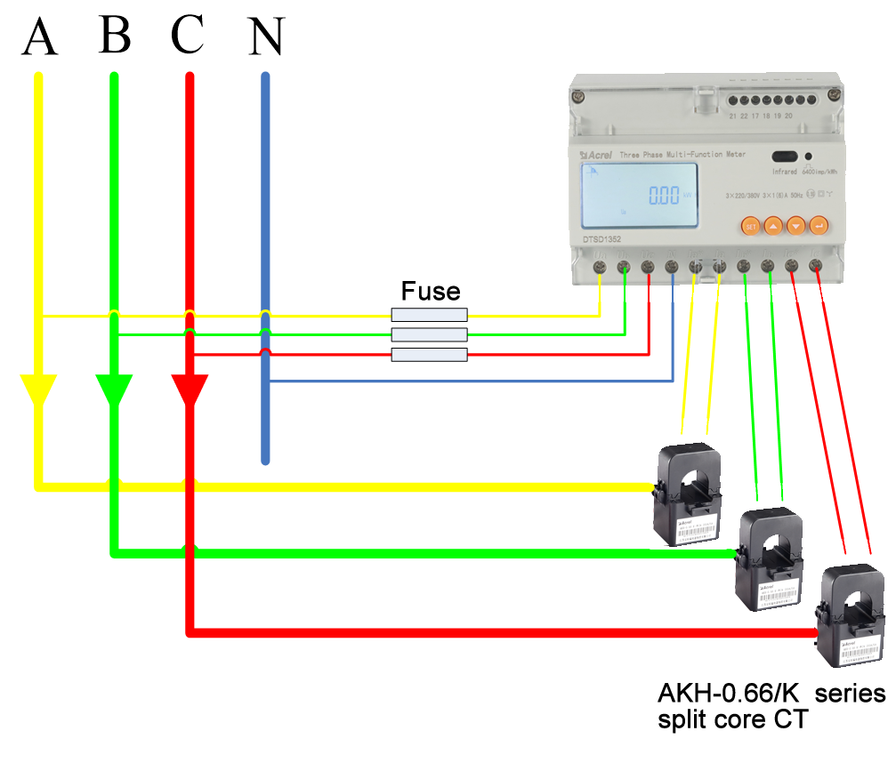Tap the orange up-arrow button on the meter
[x=773, y=226]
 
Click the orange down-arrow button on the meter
[x=796, y=226]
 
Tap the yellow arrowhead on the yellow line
[x=38, y=390]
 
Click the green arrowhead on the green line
[x=114, y=390]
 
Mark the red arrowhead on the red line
[x=190, y=390]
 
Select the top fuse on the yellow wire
[x=430, y=315]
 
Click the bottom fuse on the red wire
[x=430, y=355]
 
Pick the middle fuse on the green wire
[x=430, y=335]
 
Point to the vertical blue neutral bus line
[x=265, y=267]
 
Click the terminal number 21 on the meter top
[x=732, y=116]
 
